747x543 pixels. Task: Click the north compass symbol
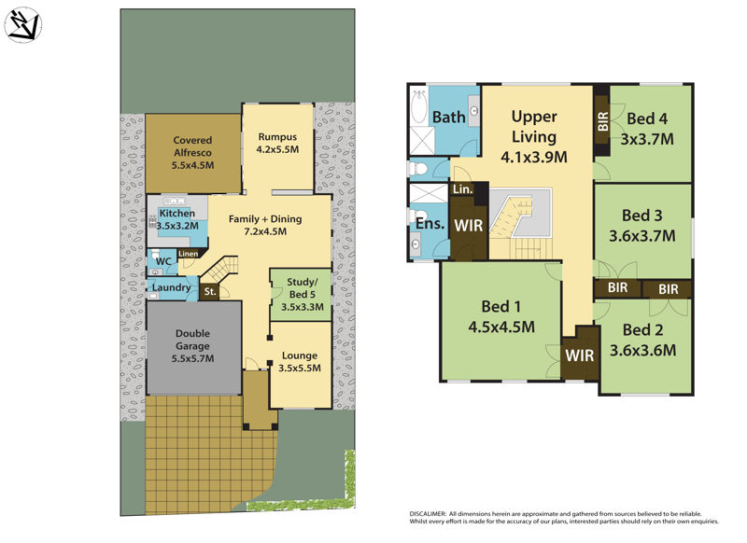(x=23, y=25)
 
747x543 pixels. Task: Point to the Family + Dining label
(x=266, y=225)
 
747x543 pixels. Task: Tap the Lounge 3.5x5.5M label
(x=300, y=361)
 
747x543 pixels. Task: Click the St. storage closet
(x=211, y=292)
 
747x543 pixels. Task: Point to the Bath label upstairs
(x=449, y=118)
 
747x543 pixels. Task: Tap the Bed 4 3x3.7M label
(x=648, y=128)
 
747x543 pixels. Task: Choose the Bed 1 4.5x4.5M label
(x=500, y=316)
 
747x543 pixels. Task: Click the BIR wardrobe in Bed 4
(x=601, y=120)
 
